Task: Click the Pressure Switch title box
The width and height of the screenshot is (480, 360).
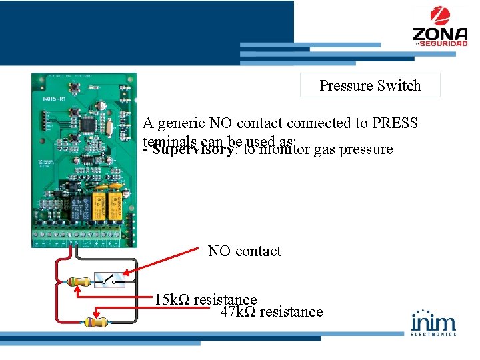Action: pyautogui.click(x=370, y=85)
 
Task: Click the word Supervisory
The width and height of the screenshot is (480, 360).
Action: pyautogui.click(x=193, y=149)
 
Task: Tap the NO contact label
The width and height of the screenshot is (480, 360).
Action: pyautogui.click(x=244, y=251)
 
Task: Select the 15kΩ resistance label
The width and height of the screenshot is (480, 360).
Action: pyautogui.click(x=205, y=299)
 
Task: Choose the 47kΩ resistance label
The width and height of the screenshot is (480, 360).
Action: pyautogui.click(x=271, y=312)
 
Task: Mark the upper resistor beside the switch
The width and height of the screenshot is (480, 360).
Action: pyautogui.click(x=78, y=282)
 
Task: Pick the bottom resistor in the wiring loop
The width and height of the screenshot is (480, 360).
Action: pyautogui.click(x=95, y=322)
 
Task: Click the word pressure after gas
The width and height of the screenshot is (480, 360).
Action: pyautogui.click(x=366, y=149)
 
